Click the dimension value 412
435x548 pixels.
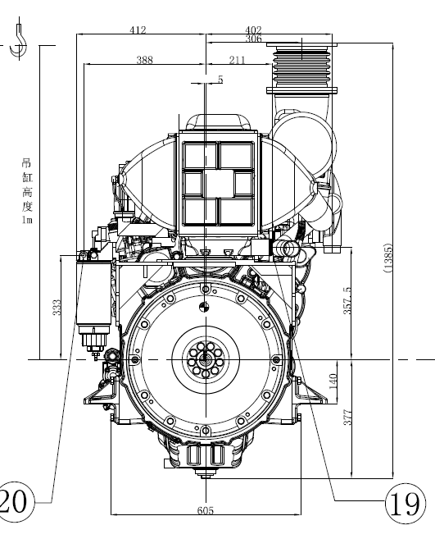coord(138,30)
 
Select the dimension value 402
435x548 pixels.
coord(253,30)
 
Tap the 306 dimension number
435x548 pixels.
coord(253,39)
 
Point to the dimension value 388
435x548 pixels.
coord(144,60)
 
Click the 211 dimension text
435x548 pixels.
coord(237,60)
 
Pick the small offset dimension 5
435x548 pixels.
coord(220,80)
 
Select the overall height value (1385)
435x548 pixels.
coord(387,258)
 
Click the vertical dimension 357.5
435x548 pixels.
coord(347,301)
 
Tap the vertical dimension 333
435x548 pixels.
coord(57,307)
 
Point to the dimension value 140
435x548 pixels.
coord(333,381)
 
